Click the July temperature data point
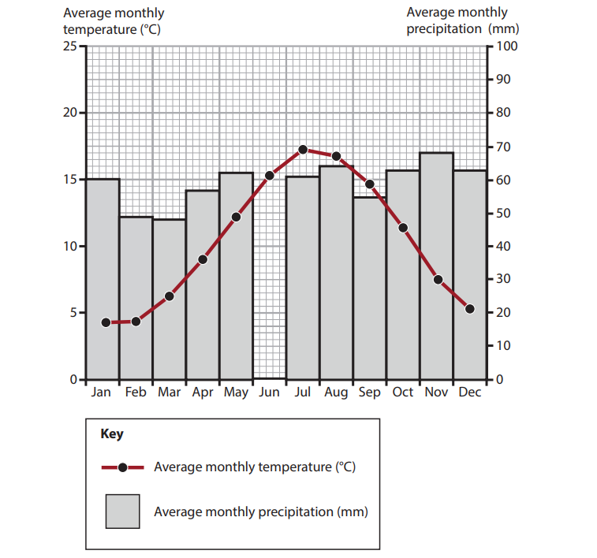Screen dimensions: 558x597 pos(303,149)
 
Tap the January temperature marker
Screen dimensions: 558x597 pos(106,322)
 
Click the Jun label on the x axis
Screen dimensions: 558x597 pos(269,392)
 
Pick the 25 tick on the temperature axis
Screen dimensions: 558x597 pos(70,46)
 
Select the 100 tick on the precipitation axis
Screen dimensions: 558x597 pos(505,46)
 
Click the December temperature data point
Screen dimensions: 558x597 pos(470,309)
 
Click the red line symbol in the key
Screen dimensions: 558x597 pos(122,467)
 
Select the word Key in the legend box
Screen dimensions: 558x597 pos(112,433)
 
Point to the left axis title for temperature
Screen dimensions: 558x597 pos(114,21)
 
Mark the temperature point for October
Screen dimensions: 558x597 pos(403,228)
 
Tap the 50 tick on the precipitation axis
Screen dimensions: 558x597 pos(502,214)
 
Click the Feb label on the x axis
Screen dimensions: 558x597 pos(136,392)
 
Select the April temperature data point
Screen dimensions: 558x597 pos(203,259)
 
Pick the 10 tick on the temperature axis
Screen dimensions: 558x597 pos(70,247)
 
